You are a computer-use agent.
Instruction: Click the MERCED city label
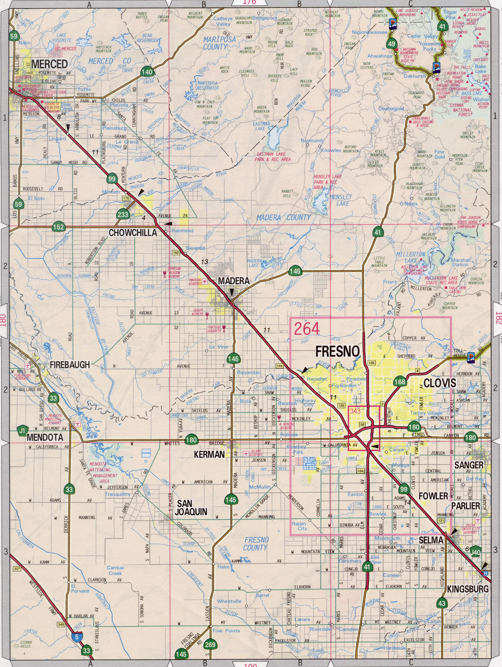(49, 63)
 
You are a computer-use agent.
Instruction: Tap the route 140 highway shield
(147, 72)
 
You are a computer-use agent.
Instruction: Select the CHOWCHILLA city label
(132, 233)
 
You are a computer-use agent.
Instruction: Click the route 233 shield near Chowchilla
(123, 214)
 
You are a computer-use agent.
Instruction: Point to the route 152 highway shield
(59, 227)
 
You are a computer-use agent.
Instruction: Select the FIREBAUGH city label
(70, 365)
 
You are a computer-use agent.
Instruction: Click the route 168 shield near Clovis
(399, 381)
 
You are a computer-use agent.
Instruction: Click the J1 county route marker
(22, 431)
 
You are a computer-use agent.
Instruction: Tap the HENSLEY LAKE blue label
(341, 200)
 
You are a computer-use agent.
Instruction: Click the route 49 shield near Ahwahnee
(392, 44)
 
